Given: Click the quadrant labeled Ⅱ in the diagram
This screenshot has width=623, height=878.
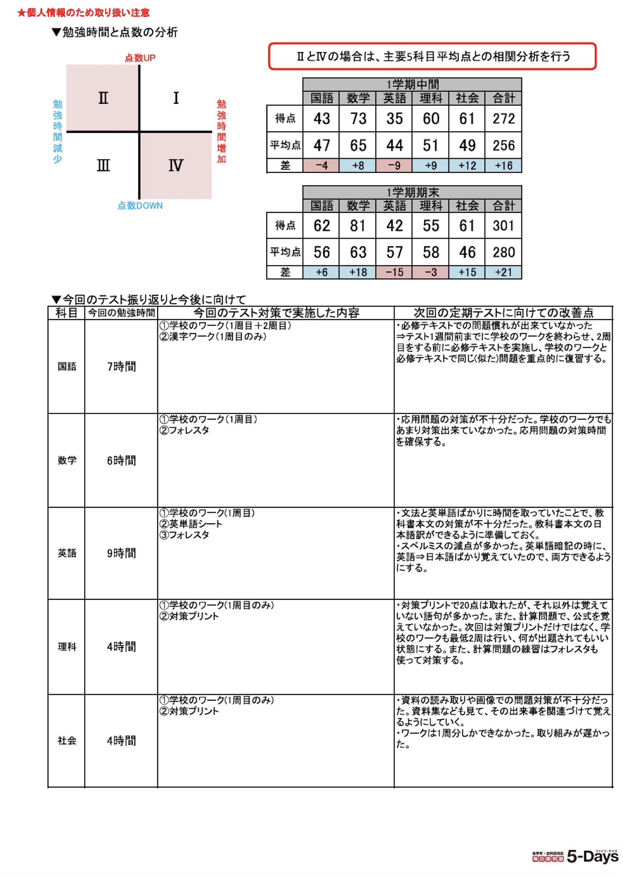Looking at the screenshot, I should pos(103,98).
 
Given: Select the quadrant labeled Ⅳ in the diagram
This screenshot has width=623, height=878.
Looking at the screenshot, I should pos(175,165).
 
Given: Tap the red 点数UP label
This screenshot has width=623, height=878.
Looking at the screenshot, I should pos(140,58).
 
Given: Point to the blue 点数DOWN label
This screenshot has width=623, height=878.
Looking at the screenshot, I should pos(140,206).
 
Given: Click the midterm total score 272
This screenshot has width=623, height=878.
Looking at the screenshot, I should pos(503,118).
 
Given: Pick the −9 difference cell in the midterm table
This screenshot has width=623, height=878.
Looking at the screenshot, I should pos(394,166).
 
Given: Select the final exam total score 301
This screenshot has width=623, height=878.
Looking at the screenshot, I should pos(503,226).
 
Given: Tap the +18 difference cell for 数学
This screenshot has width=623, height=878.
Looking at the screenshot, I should pos(358,272).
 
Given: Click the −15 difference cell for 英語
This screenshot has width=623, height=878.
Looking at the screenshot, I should pos(394,272).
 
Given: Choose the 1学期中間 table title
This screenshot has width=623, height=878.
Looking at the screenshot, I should pos(412,84).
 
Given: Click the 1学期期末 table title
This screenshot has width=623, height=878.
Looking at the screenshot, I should pos(412,192).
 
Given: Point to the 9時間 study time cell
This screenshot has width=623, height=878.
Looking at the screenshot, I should pos(121,553).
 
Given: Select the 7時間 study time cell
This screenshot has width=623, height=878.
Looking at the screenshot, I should pos(121,366).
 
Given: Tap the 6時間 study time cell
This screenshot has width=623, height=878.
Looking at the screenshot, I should pos(121,460).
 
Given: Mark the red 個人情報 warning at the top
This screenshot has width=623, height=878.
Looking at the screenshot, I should pos(83,13).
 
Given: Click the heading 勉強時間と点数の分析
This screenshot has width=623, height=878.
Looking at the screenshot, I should pos(120,32).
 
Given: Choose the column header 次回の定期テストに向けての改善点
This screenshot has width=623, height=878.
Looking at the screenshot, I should pos(503,313).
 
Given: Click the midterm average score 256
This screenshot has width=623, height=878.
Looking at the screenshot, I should pos(503,145).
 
